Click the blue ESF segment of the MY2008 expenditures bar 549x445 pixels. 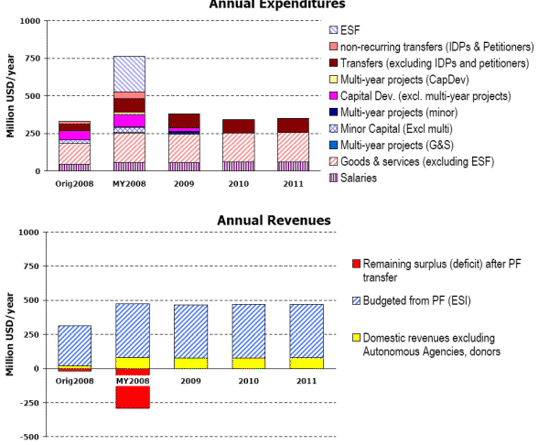tap(129, 73)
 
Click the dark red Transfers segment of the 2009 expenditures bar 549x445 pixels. tap(184, 121)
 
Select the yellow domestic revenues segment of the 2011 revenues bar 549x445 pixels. tap(306, 363)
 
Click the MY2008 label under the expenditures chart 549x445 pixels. tap(130, 181)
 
